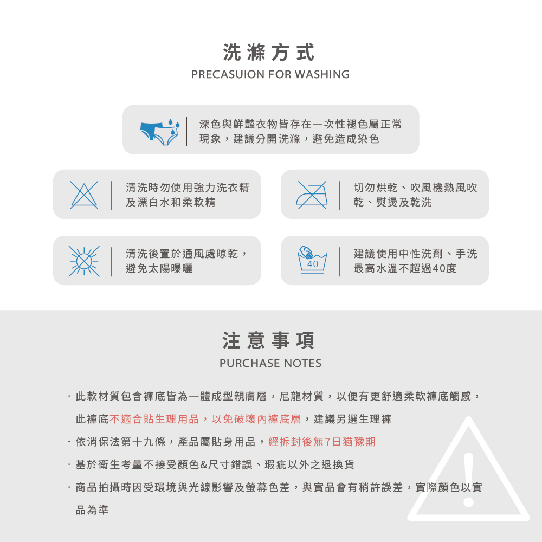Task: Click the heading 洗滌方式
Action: (269, 53)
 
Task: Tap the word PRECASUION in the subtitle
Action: (228, 74)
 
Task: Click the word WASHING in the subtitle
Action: (322, 74)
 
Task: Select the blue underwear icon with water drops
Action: (160, 132)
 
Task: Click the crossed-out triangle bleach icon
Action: (84, 195)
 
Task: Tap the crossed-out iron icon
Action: (312, 195)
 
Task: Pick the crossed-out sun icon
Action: (84, 261)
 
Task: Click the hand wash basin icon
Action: (313, 260)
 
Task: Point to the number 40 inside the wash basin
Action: (313, 264)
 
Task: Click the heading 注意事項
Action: (269, 340)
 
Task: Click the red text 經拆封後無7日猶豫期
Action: (322, 442)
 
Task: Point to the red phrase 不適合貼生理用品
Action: (154, 419)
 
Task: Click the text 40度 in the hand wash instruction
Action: (444, 269)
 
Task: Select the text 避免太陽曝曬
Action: (159, 269)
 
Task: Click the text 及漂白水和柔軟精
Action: (170, 202)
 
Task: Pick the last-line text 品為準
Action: (92, 510)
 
